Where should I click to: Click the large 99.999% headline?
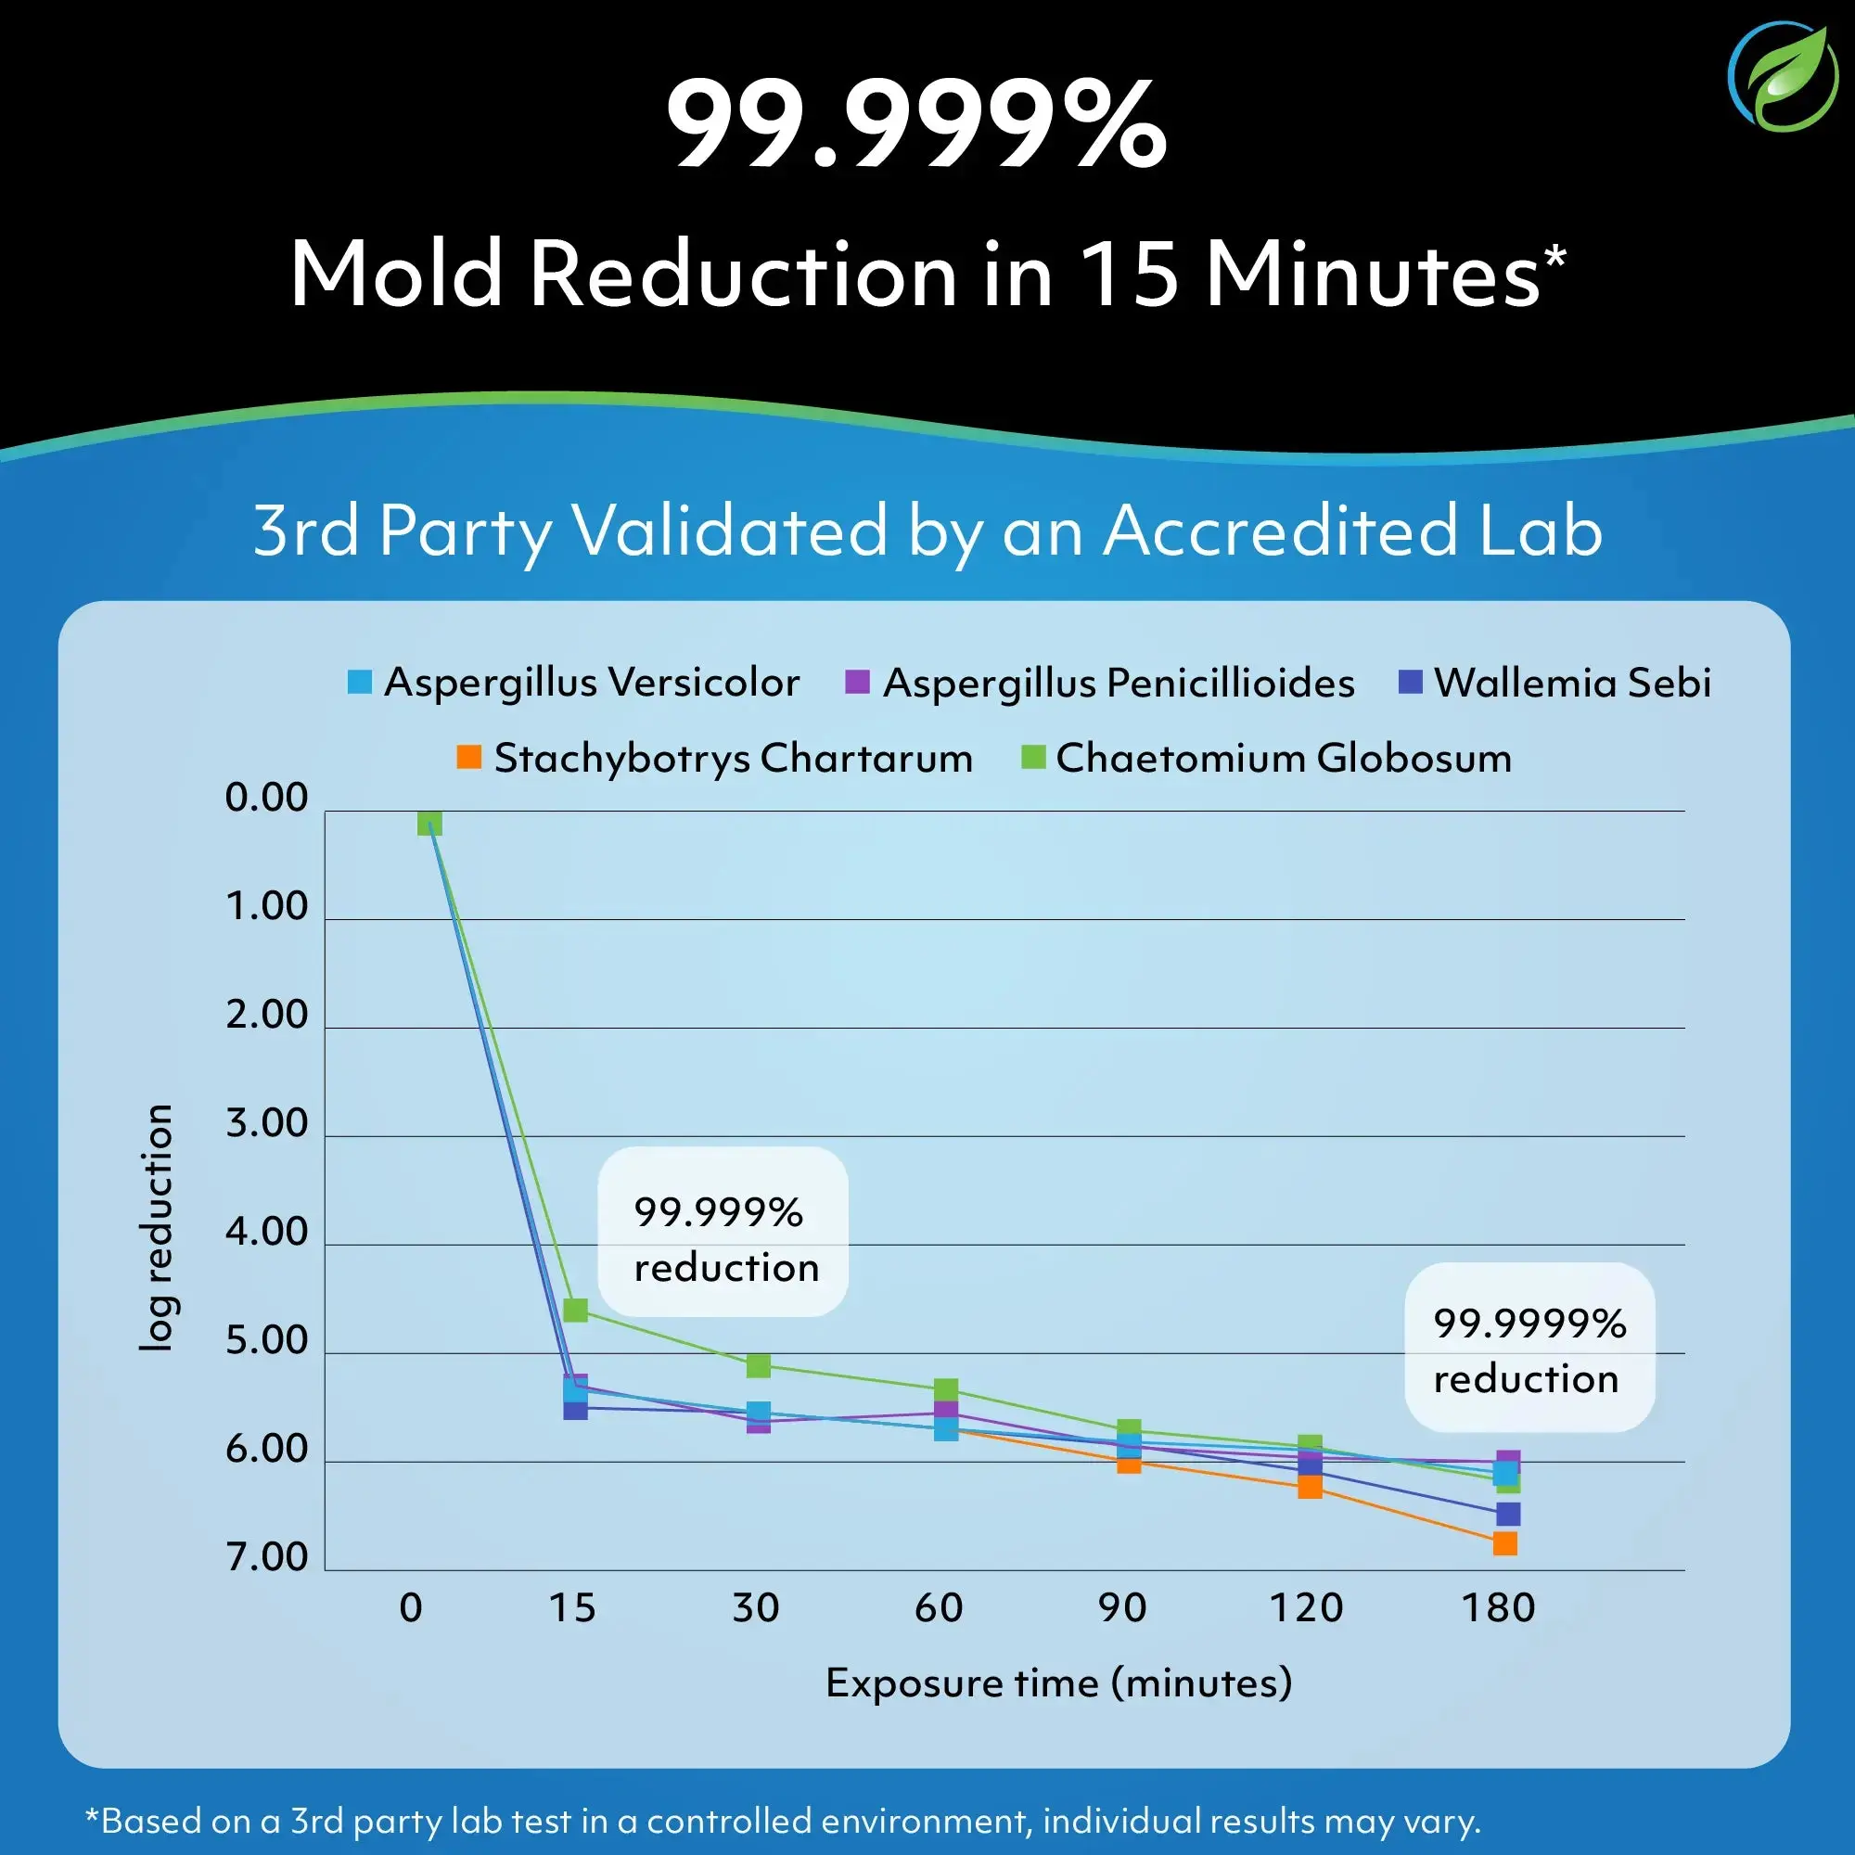click(x=917, y=125)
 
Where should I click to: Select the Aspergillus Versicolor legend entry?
click(x=574, y=683)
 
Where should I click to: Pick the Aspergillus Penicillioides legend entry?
click(x=1099, y=683)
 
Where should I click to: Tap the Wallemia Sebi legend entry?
click(x=1554, y=683)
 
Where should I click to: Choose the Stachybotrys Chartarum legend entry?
click(x=715, y=758)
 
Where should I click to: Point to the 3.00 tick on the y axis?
click(x=267, y=1122)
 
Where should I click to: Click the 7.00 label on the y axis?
click(x=267, y=1556)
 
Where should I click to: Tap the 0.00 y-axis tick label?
click(x=267, y=797)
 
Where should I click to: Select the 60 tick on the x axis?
click(x=938, y=1607)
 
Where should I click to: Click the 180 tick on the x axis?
click(x=1498, y=1607)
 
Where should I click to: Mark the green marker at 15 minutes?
click(x=575, y=1310)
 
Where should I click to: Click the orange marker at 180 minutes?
click(x=1504, y=1544)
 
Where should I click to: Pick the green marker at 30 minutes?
click(x=758, y=1364)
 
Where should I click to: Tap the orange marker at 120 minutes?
click(x=1310, y=1488)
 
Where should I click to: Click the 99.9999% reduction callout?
click(x=1529, y=1350)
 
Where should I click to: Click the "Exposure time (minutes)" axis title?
click(x=1059, y=1683)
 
